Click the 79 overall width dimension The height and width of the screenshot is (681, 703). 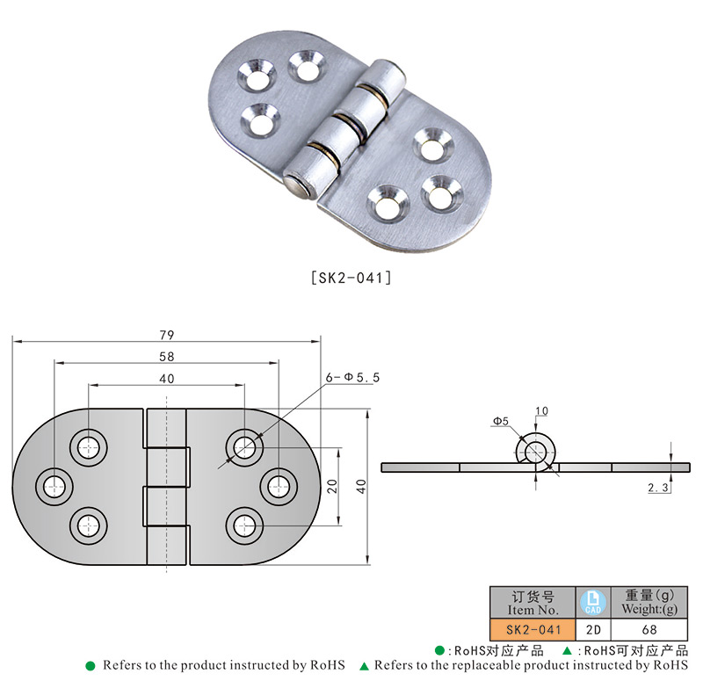pyautogui.click(x=167, y=335)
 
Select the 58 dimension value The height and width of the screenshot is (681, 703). pyautogui.click(x=167, y=357)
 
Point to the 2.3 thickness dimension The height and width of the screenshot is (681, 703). pyautogui.click(x=659, y=487)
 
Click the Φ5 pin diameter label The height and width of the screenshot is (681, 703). pyautogui.click(x=500, y=422)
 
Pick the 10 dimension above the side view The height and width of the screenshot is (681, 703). pyautogui.click(x=540, y=410)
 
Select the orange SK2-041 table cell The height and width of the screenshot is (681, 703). pyautogui.click(x=532, y=629)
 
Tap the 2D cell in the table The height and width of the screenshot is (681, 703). pyautogui.click(x=592, y=629)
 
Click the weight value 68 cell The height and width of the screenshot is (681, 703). pyautogui.click(x=649, y=629)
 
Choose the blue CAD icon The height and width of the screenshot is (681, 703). pyautogui.click(x=592, y=602)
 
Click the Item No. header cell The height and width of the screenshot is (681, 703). pyautogui.click(x=532, y=603)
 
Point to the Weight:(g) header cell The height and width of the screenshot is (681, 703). pyautogui.click(x=649, y=603)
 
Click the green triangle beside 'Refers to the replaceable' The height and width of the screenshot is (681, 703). pyautogui.click(x=365, y=665)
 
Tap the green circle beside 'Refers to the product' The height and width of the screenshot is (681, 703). pyautogui.click(x=90, y=665)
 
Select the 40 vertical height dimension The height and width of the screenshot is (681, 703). pyautogui.click(x=360, y=487)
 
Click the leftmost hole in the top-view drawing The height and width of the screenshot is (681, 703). pyautogui.click(x=54, y=484)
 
